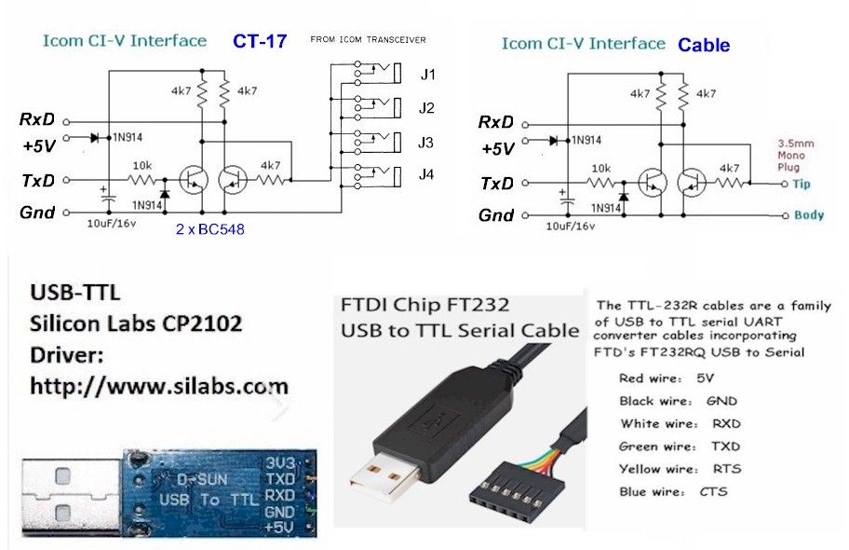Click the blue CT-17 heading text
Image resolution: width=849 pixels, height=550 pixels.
coord(260,40)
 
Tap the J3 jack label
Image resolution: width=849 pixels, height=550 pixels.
coord(426,142)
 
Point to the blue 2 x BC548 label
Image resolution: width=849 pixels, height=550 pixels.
coord(209,228)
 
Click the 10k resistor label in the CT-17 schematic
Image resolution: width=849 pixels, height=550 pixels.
coord(142,164)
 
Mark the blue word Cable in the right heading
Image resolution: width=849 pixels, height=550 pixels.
coord(704,45)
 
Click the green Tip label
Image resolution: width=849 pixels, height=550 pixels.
coord(802,184)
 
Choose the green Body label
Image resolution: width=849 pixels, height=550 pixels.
coord(809,215)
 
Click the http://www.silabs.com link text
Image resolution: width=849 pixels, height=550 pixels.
coord(159,385)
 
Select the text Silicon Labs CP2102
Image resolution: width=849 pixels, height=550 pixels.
coord(136,324)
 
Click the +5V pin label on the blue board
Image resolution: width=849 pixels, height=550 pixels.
coord(280,527)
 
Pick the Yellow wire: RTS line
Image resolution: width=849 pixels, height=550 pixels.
coord(681,469)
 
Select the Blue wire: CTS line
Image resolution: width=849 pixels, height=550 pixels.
coord(673,491)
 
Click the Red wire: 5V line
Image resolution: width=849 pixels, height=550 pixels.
coord(666,378)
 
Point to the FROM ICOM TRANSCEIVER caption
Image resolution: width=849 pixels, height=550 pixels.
coord(368,40)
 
